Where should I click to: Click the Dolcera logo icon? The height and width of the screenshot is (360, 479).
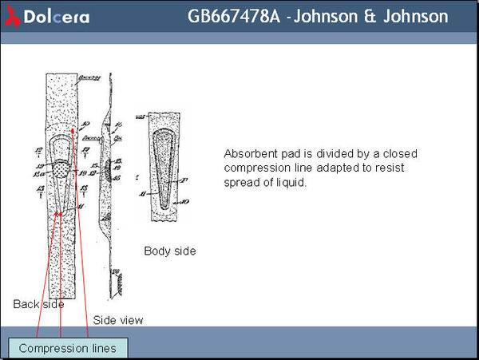tap(13, 16)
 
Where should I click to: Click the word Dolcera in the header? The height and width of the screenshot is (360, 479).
tap(57, 17)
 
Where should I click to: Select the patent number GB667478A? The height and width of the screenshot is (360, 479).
tap(233, 17)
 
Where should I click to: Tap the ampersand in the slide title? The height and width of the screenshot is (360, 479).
tap(371, 17)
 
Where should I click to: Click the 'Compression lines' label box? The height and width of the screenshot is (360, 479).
tap(67, 348)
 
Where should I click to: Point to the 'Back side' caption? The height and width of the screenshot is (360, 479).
tap(38, 303)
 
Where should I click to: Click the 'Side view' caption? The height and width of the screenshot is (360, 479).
tap(118, 320)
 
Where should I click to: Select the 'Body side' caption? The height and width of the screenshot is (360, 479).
tap(169, 251)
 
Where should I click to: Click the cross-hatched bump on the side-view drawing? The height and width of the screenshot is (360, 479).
tap(119, 280)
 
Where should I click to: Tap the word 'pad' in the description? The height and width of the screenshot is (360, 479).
tap(290, 153)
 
